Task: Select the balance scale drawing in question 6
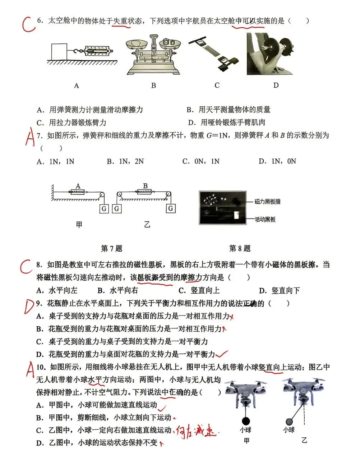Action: tap(153, 54)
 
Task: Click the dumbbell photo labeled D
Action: tap(270, 54)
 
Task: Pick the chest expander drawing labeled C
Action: tap(216, 53)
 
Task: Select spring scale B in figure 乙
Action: tap(145, 192)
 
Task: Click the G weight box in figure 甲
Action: tap(104, 208)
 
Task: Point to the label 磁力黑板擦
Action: tap(267, 202)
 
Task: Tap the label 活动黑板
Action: tap(265, 219)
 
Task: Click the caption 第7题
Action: tap(111, 248)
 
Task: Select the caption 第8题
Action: tap(240, 248)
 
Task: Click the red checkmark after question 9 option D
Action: tap(223, 354)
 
